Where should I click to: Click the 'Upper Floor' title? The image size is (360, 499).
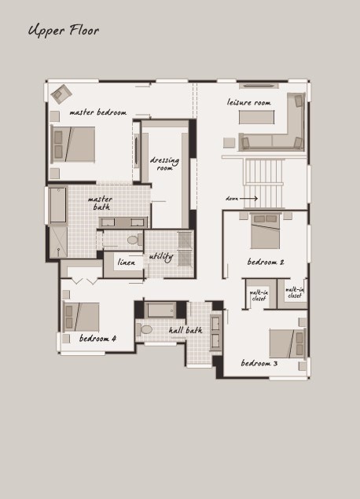tap(64, 31)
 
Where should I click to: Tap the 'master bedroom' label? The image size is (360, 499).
tap(98, 112)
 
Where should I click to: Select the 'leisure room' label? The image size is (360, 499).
tap(249, 102)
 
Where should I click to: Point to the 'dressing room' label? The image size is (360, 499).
tap(164, 163)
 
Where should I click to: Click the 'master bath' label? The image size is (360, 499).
tap(101, 203)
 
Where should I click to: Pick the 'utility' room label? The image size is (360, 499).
tap(161, 256)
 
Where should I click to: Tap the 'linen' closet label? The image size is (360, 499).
tap(127, 262)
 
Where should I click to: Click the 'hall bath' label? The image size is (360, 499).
tap(186, 330)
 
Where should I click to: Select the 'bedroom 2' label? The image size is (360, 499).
tap(266, 262)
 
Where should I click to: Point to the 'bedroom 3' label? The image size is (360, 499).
tap(259, 363)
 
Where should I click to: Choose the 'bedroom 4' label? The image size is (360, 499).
tap(97, 338)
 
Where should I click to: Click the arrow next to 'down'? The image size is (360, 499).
tap(248, 199)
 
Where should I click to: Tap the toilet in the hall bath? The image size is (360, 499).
tap(144, 330)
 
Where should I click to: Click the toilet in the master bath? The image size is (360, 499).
tap(135, 240)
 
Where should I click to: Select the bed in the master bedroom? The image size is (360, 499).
tap(73, 144)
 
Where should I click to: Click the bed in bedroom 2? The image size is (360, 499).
tap(265, 231)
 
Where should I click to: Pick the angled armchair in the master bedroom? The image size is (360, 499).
tap(61, 94)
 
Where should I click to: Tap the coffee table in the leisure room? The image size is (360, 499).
tap(256, 117)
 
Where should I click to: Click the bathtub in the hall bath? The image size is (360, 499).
tap(161, 310)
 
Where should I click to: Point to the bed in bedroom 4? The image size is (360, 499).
tap(81, 317)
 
